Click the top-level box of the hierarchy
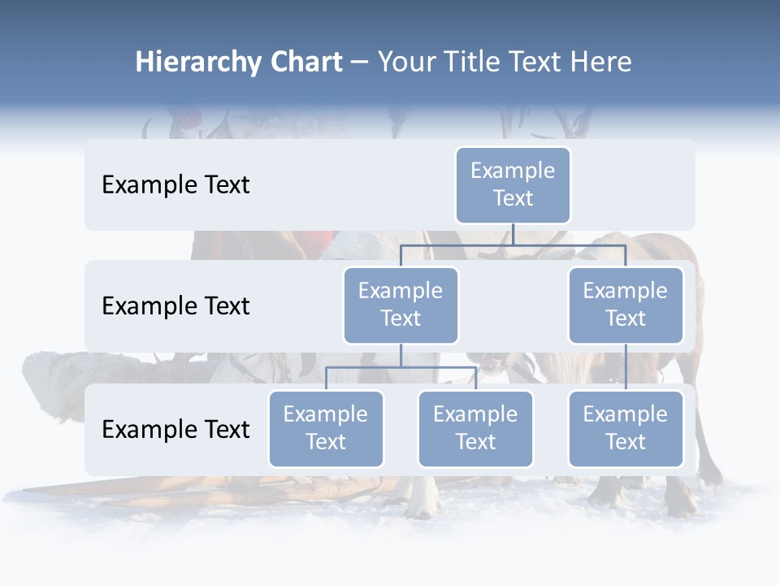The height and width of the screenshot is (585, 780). click(x=513, y=184)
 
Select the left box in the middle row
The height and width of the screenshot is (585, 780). click(x=401, y=305)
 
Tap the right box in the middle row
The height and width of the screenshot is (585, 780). click(x=626, y=305)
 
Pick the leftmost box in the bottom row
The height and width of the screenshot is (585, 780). click(x=326, y=428)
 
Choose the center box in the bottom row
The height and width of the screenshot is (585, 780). click(x=475, y=428)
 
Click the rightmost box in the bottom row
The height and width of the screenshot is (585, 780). click(x=626, y=428)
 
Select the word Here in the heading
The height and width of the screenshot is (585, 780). click(x=600, y=63)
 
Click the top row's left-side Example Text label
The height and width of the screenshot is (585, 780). click(x=175, y=184)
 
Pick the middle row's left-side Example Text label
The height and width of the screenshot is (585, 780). click(x=175, y=305)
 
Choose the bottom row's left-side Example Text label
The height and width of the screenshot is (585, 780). click(x=175, y=429)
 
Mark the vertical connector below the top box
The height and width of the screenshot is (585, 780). click(x=513, y=234)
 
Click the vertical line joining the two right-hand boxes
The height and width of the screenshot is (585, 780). click(x=626, y=366)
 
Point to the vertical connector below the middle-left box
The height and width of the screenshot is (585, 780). click(x=401, y=356)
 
